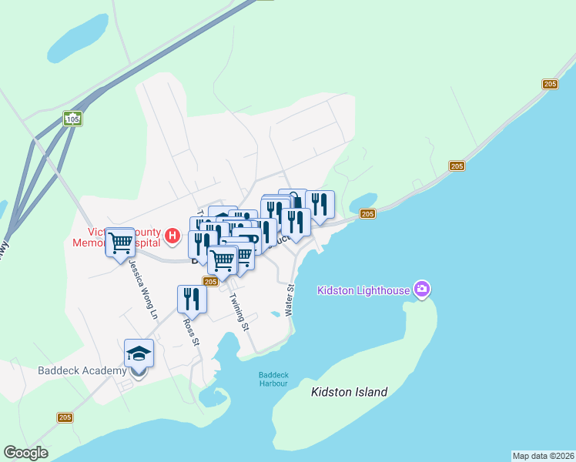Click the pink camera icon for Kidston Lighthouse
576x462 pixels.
click(421, 290)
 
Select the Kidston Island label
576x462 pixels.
click(349, 392)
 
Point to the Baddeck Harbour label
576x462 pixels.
click(273, 379)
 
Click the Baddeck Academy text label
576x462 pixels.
click(82, 370)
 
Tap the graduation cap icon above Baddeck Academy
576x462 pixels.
click(139, 353)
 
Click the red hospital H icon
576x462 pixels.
click(173, 235)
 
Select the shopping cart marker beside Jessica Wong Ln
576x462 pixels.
click(120, 243)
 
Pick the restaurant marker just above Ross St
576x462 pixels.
click(192, 299)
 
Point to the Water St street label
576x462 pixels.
click(291, 300)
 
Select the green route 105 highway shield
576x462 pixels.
click(72, 119)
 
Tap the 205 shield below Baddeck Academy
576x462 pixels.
click(65, 417)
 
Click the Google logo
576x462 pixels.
click(25, 453)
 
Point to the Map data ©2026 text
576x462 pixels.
click(543, 455)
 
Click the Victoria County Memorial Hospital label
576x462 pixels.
click(123, 236)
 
